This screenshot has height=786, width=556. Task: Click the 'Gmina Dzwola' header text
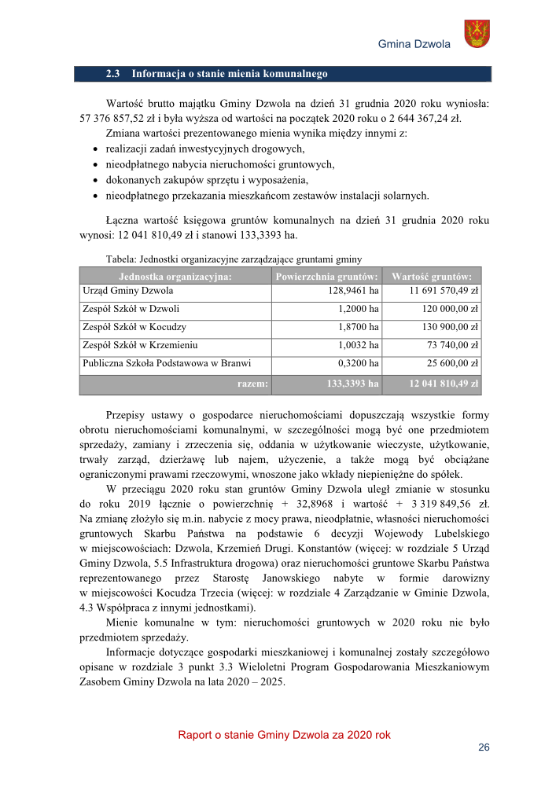coord(414,44)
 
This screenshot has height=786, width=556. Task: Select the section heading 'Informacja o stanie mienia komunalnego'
coord(229,74)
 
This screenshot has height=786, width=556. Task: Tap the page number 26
coord(484,747)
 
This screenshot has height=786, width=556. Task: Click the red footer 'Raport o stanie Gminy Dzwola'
coord(284,735)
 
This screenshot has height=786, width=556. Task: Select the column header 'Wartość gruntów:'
coord(432,277)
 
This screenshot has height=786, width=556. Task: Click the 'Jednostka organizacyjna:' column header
coord(175,277)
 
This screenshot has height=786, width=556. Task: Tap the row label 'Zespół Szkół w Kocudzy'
coord(134,327)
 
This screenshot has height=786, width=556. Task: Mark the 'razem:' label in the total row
coord(252,384)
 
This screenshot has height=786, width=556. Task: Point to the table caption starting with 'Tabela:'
coord(234,259)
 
